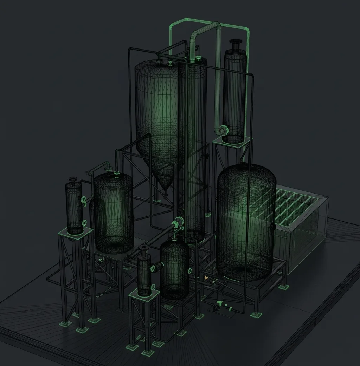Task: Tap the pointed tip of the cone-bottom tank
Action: click(166, 192)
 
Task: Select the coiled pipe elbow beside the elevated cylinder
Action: click(223, 131)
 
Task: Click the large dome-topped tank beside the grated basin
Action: click(245, 221)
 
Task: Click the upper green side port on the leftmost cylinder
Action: click(84, 200)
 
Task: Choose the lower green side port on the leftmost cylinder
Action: click(84, 222)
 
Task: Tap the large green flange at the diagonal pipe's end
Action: click(178, 222)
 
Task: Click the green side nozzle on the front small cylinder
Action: click(154, 269)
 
